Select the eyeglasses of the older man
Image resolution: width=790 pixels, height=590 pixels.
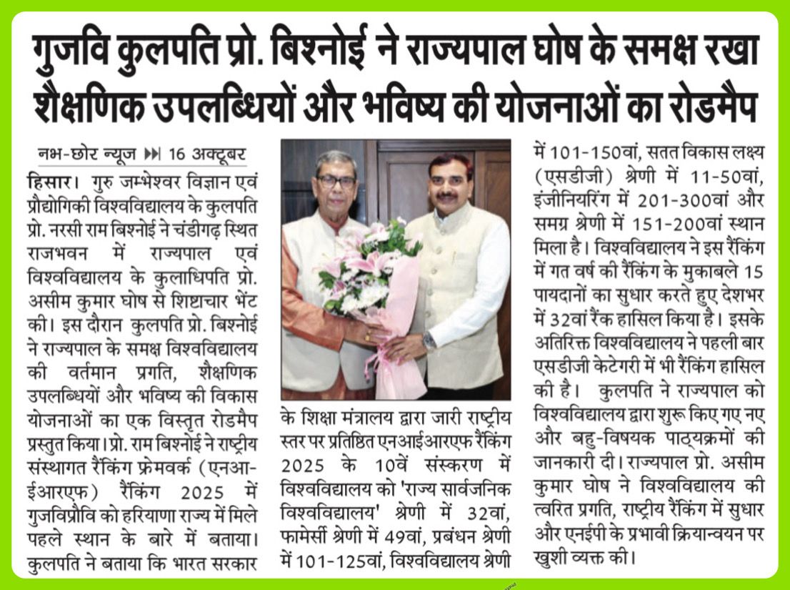(x=335, y=181)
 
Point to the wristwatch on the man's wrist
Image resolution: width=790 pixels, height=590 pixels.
(x=428, y=340)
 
